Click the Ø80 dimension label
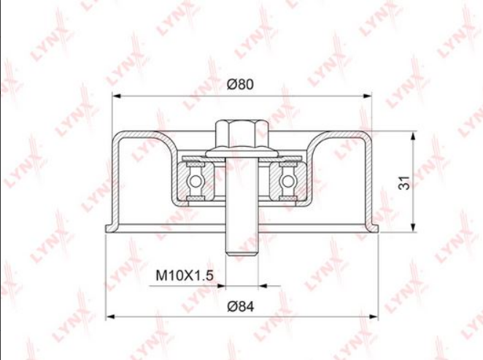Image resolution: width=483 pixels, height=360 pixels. click(240, 85)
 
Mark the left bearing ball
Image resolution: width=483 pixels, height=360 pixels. click(196, 180)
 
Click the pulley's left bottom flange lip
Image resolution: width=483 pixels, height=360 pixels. click(110, 229)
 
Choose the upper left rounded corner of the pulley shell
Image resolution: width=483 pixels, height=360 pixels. click(118, 136)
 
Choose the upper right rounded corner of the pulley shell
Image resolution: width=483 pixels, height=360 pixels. click(363, 136)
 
